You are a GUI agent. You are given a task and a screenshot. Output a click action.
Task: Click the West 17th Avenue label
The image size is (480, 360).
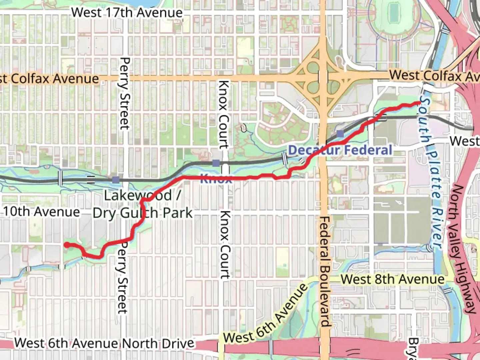(127, 13)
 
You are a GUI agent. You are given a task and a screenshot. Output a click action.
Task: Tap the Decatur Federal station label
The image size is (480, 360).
(340, 150)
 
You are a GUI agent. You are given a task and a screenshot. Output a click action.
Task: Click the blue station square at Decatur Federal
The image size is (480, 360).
(340, 134)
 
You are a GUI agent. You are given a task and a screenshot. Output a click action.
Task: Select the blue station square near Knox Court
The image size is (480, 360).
(216, 163)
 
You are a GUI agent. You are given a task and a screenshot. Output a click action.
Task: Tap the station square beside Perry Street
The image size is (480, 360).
(116, 180)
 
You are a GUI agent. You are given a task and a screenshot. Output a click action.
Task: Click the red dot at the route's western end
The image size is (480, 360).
(67, 245)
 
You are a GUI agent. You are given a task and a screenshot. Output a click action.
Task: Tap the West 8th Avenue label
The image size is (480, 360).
(392, 279)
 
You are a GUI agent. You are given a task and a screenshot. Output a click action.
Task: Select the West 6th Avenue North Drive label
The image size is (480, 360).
(104, 343)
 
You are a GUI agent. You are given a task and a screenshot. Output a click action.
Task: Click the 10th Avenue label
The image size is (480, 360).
(42, 212)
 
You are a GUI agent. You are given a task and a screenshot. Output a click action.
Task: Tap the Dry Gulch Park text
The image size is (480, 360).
(143, 213)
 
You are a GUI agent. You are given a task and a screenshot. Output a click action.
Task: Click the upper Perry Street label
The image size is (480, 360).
(124, 93)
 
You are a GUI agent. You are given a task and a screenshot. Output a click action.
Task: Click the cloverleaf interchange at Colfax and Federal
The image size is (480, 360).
(322, 78)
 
